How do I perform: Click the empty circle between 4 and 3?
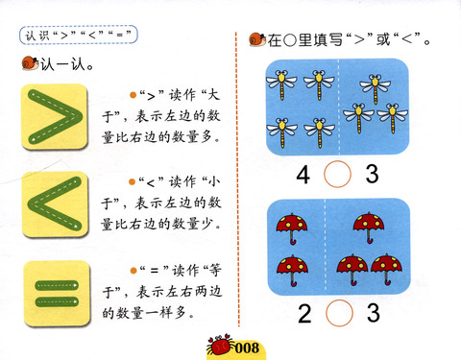pos(337,160)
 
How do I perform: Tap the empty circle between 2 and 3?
pos(339,300)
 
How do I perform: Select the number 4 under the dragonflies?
pos(303,175)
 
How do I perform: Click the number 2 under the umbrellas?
pos(304,314)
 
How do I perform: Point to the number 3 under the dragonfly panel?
pos(372,174)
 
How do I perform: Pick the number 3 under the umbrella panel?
pos(374,313)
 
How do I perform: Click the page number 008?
pos(247,348)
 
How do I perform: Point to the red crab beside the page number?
pos(219,345)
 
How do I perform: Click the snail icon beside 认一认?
pos(31,63)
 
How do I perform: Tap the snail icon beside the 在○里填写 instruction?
pos(257,39)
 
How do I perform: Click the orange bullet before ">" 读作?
pos(133,95)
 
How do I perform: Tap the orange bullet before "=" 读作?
pos(133,271)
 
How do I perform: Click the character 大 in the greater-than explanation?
pos(212,95)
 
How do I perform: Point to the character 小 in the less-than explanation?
pos(212,182)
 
